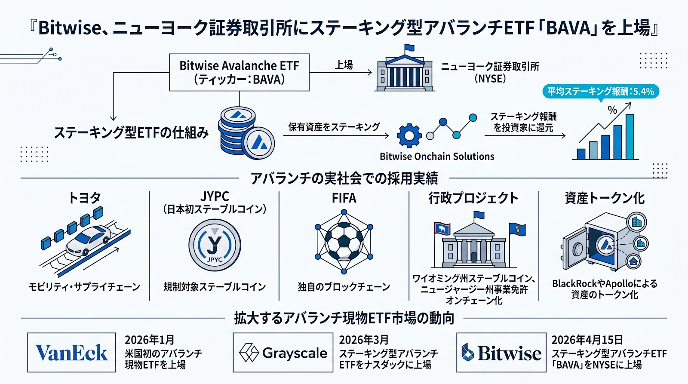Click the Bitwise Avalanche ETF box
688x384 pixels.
tap(239, 72)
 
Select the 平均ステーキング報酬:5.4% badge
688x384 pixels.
tap(600, 92)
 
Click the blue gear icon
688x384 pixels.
tap(409, 136)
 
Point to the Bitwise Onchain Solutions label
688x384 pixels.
tap(437, 157)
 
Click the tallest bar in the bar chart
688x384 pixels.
tap(630, 137)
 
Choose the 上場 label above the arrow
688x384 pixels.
tap(344, 65)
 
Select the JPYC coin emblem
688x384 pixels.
tap(215, 246)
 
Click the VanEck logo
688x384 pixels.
tap(71, 353)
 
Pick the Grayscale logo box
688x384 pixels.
tap(283, 353)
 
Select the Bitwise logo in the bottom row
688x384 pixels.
tap(501, 353)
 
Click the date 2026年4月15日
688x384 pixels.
tap(587, 340)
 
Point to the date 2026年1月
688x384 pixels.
tap(149, 340)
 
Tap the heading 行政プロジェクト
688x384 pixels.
tap(473, 198)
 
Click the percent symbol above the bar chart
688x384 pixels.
tap(612, 110)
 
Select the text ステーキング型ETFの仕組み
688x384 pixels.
tap(131, 133)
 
